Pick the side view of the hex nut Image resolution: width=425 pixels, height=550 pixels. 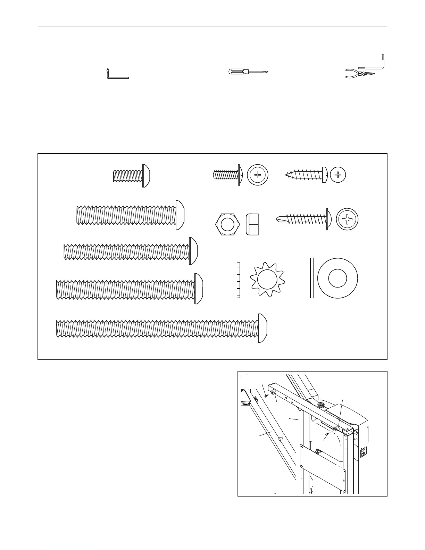pyautogui.click(x=252, y=224)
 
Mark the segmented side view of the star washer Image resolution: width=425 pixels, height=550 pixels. pyautogui.click(x=238, y=280)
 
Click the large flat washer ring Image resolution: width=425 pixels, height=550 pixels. pyautogui.click(x=337, y=278)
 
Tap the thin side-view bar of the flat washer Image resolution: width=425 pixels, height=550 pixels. pyautogui.click(x=312, y=278)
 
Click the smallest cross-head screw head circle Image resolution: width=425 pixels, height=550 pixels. pyautogui.click(x=338, y=175)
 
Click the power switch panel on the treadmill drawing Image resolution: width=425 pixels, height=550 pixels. pyautogui.click(x=363, y=452)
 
